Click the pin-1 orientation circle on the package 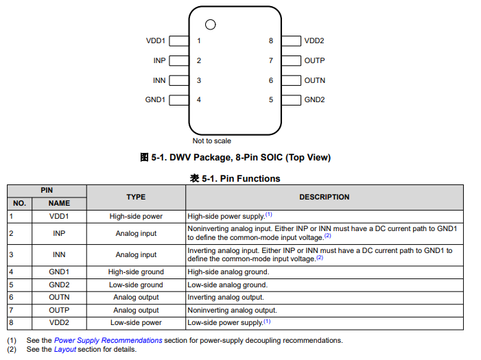pos(210,25)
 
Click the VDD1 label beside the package pos(156,41)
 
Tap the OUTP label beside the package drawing pos(314,60)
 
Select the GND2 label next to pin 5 pos(314,99)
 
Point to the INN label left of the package pos(159,80)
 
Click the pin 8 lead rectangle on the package pos(292,41)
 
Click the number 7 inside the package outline pos(271,60)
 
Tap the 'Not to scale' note pos(211,141)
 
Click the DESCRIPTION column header pos(324,197)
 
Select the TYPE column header pos(136,197)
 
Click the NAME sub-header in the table pos(59,203)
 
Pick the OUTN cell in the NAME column pos(59,297)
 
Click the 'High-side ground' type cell pos(136,272)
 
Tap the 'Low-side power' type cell pos(136,322)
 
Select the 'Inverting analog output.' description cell pos(226,297)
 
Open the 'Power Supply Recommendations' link pos(108,340)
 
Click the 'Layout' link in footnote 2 pos(65,349)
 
